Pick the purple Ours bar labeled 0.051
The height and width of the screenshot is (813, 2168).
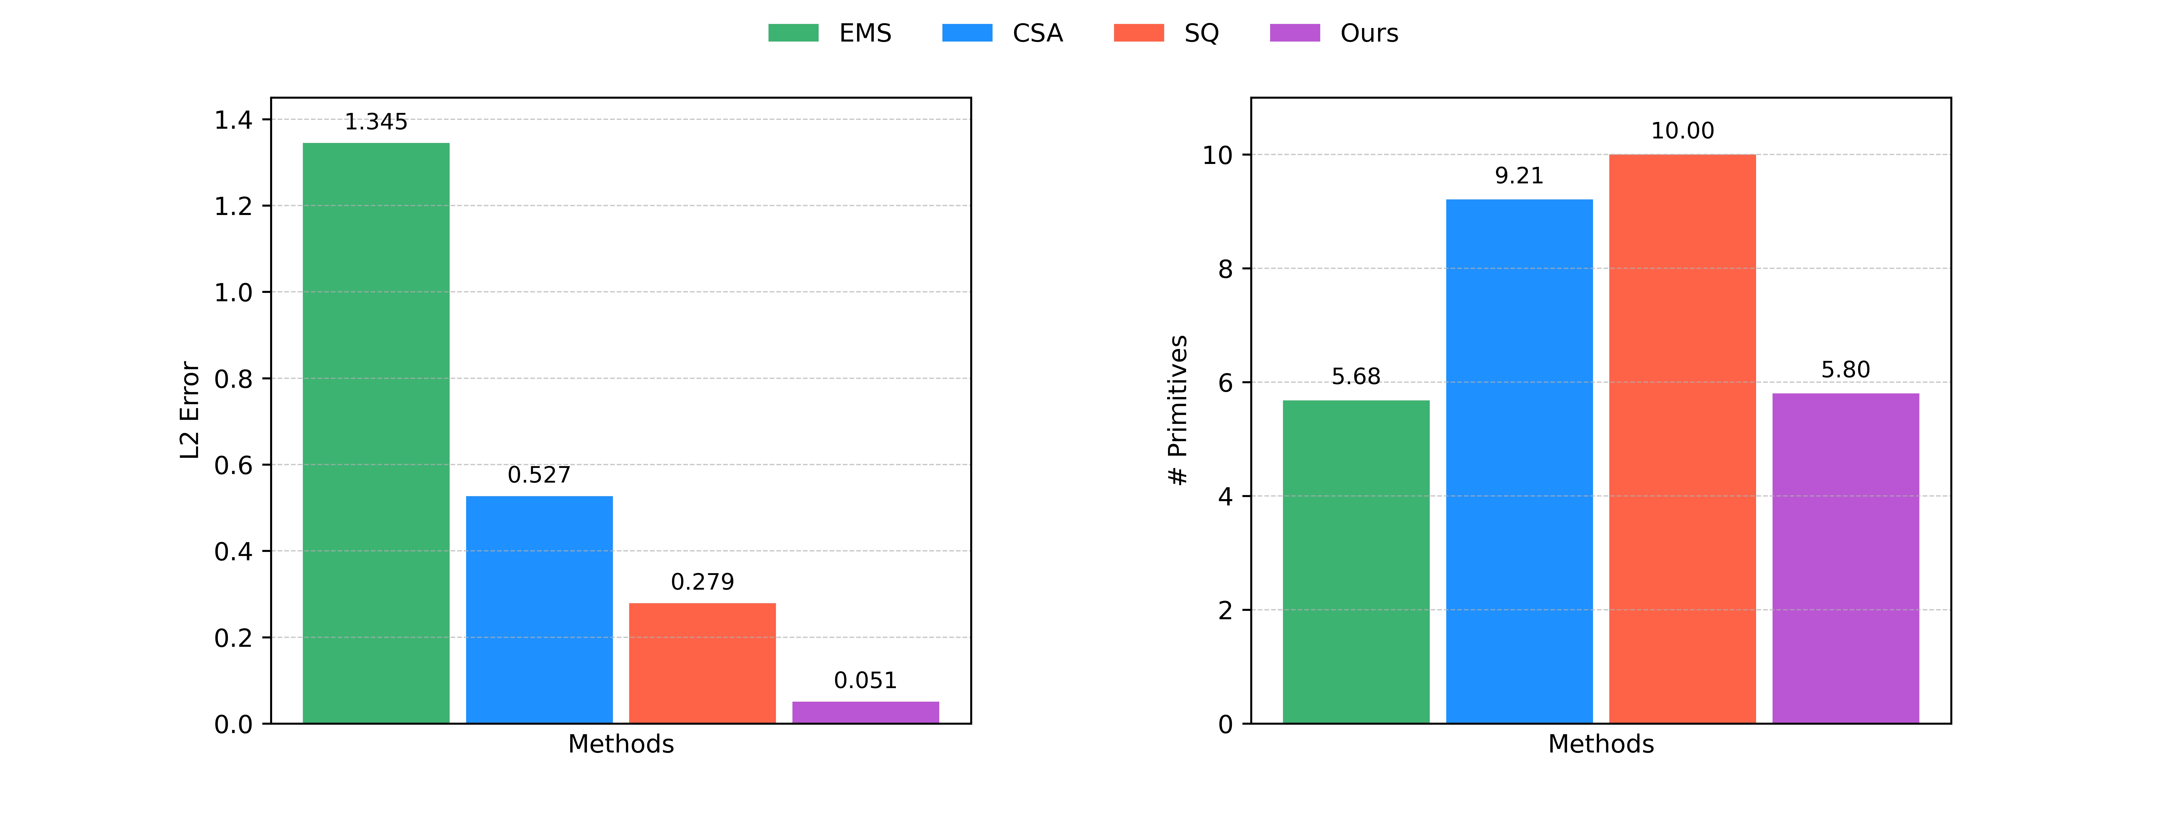865,712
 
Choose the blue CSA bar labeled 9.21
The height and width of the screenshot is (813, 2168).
1519,461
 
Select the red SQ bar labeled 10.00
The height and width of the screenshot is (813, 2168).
1682,439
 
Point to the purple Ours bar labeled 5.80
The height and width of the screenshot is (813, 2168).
1846,558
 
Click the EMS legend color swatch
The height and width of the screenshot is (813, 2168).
793,33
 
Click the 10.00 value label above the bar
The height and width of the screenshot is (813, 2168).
1682,131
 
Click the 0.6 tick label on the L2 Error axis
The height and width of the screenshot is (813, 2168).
233,465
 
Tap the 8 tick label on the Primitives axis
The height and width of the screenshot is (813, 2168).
1225,269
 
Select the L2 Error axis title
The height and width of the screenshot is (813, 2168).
190,410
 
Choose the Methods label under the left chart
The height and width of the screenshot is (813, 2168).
621,744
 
